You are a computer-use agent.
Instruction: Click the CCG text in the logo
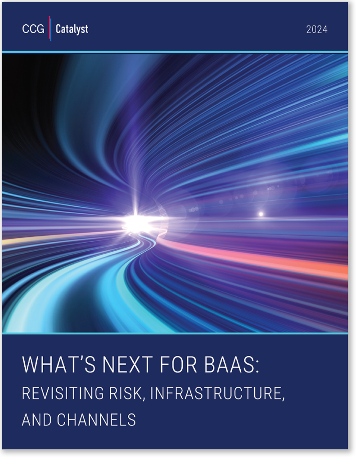coord(33,29)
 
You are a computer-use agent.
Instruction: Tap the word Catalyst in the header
coord(72,29)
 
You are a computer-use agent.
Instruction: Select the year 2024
coord(317,29)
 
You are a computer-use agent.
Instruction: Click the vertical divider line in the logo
coord(50,28)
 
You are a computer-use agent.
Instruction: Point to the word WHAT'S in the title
coord(59,364)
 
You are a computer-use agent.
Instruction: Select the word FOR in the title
coord(178,364)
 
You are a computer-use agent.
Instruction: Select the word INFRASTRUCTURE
coord(216,393)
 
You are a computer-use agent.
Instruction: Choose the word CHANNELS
coord(96,420)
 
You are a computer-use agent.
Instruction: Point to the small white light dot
coord(261,214)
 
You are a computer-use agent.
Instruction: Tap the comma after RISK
coord(144,399)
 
